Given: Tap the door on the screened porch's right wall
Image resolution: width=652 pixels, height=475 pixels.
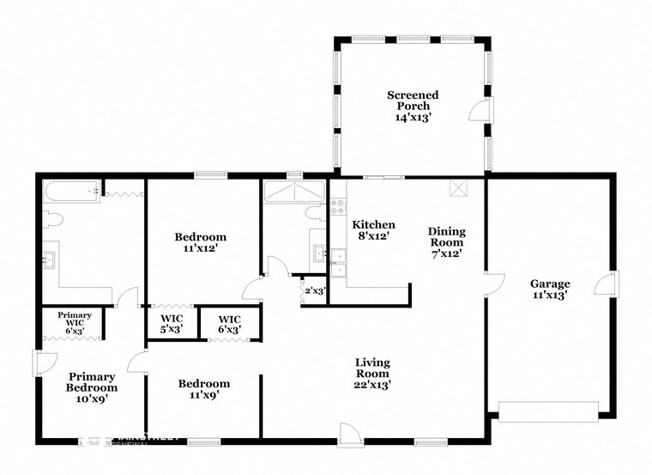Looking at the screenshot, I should click(482, 110).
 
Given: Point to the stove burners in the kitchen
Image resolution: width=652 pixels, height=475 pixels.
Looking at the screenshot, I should click(337, 206).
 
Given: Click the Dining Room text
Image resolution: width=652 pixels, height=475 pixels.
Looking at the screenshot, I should click(447, 241).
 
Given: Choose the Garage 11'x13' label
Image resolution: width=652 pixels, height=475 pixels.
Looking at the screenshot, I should click(550, 289).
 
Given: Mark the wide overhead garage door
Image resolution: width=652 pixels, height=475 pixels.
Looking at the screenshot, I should click(548, 411).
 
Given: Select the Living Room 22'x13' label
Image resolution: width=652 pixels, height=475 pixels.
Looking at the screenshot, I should click(372, 373).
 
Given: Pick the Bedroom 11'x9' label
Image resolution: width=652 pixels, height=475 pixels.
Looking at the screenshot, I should click(203, 389).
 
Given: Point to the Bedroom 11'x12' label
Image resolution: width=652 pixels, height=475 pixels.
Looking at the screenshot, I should click(200, 243).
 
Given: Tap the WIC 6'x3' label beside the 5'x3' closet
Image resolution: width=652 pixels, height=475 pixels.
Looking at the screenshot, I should click(228, 323).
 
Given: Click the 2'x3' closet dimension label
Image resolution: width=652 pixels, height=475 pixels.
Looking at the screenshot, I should click(314, 290).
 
